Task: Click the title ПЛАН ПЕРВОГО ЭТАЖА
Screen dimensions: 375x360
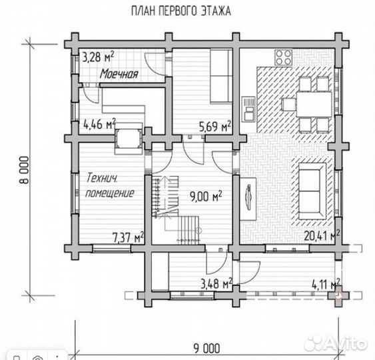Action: coord(181,11)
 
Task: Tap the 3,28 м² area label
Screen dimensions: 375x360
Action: coord(98,57)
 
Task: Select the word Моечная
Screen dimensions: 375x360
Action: coord(119,74)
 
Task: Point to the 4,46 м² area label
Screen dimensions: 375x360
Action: coord(99,124)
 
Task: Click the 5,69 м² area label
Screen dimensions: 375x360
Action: coord(215,126)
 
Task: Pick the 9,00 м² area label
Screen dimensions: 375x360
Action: coord(206,197)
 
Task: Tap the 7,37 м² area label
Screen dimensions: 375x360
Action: coord(128,237)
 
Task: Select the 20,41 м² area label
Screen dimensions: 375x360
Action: coord(322,236)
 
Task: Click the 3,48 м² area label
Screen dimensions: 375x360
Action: coord(216,284)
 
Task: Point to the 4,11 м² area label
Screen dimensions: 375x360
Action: coord(326,285)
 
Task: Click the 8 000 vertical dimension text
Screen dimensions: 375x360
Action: coord(25,170)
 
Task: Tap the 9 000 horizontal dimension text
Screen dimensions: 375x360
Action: coord(206,348)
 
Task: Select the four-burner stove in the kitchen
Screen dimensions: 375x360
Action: coord(283,57)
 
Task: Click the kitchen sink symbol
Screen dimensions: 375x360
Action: coord(248,109)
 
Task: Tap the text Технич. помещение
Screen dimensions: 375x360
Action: coord(110,185)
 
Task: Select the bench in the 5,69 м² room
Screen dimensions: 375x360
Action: coord(221,76)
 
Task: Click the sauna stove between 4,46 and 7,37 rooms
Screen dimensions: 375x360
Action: coord(129,139)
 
